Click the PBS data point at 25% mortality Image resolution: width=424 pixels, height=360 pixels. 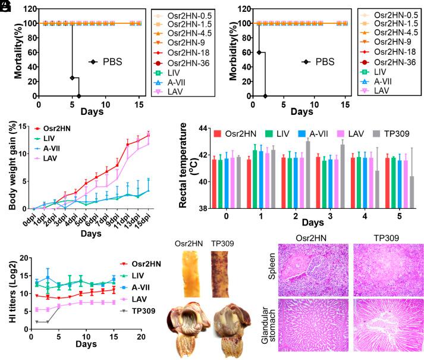coord(72,78)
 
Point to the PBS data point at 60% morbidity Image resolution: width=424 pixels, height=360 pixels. coord(259,52)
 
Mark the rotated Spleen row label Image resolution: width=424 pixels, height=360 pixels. coord(272,268)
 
